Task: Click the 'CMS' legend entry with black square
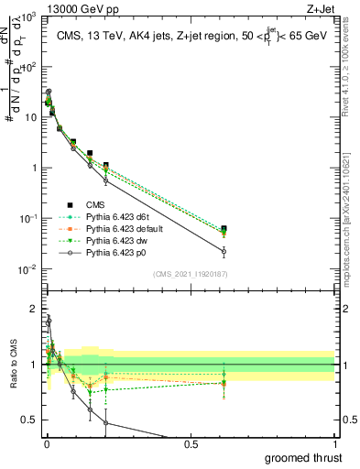tap(94, 205)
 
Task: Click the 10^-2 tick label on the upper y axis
tap(26, 268)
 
